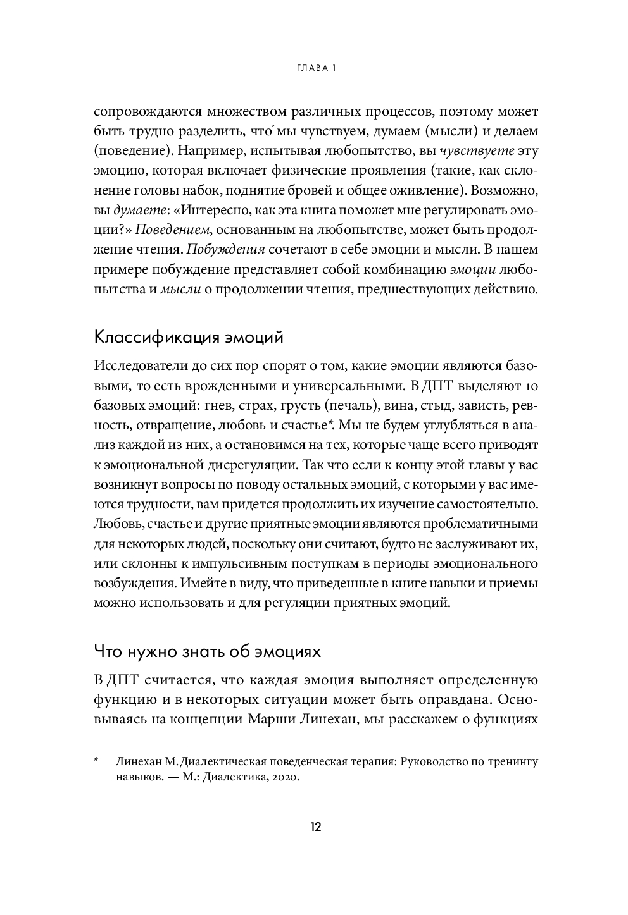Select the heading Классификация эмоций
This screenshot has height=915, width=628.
[x=188, y=338]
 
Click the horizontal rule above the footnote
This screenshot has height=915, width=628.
[x=141, y=746]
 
